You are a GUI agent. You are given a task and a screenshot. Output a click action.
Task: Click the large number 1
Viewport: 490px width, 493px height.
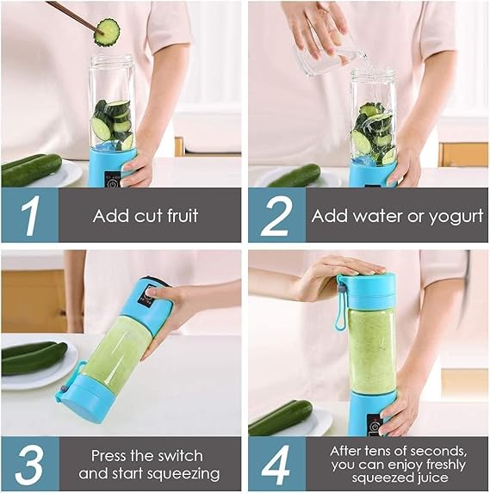click(x=29, y=215)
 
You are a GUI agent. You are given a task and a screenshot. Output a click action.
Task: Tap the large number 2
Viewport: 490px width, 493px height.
click(x=276, y=215)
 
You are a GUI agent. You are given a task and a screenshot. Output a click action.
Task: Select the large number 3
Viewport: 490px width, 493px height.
click(x=29, y=464)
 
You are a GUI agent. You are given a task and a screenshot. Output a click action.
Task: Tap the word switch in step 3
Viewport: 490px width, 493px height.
click(x=183, y=456)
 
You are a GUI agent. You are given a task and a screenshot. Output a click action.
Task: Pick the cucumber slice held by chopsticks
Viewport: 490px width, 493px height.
click(x=107, y=32)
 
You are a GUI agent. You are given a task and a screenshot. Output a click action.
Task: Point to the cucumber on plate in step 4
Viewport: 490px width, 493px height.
click(x=281, y=416)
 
